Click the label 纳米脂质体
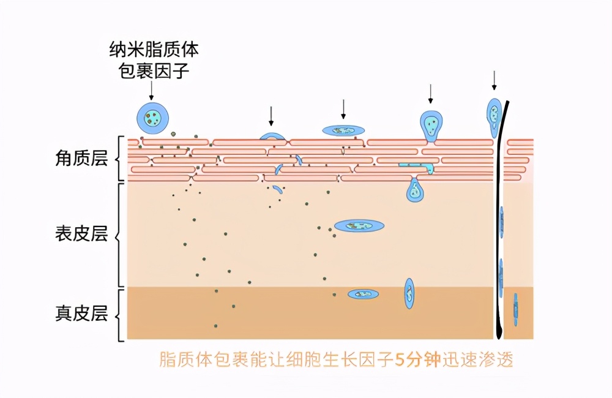point(154,50)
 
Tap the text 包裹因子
point(154,70)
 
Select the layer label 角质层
point(81,158)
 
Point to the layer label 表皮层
point(81,234)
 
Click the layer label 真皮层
point(81,314)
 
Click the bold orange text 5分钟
point(417,359)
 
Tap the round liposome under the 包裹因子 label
point(152,118)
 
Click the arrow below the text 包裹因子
point(151,91)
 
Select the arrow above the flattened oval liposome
point(343,109)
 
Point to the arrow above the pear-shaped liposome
point(430,94)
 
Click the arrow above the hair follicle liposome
point(494,80)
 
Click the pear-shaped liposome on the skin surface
point(431,126)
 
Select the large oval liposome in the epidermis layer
point(359,225)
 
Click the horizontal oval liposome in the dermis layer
point(363,294)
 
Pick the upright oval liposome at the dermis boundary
point(409,293)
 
